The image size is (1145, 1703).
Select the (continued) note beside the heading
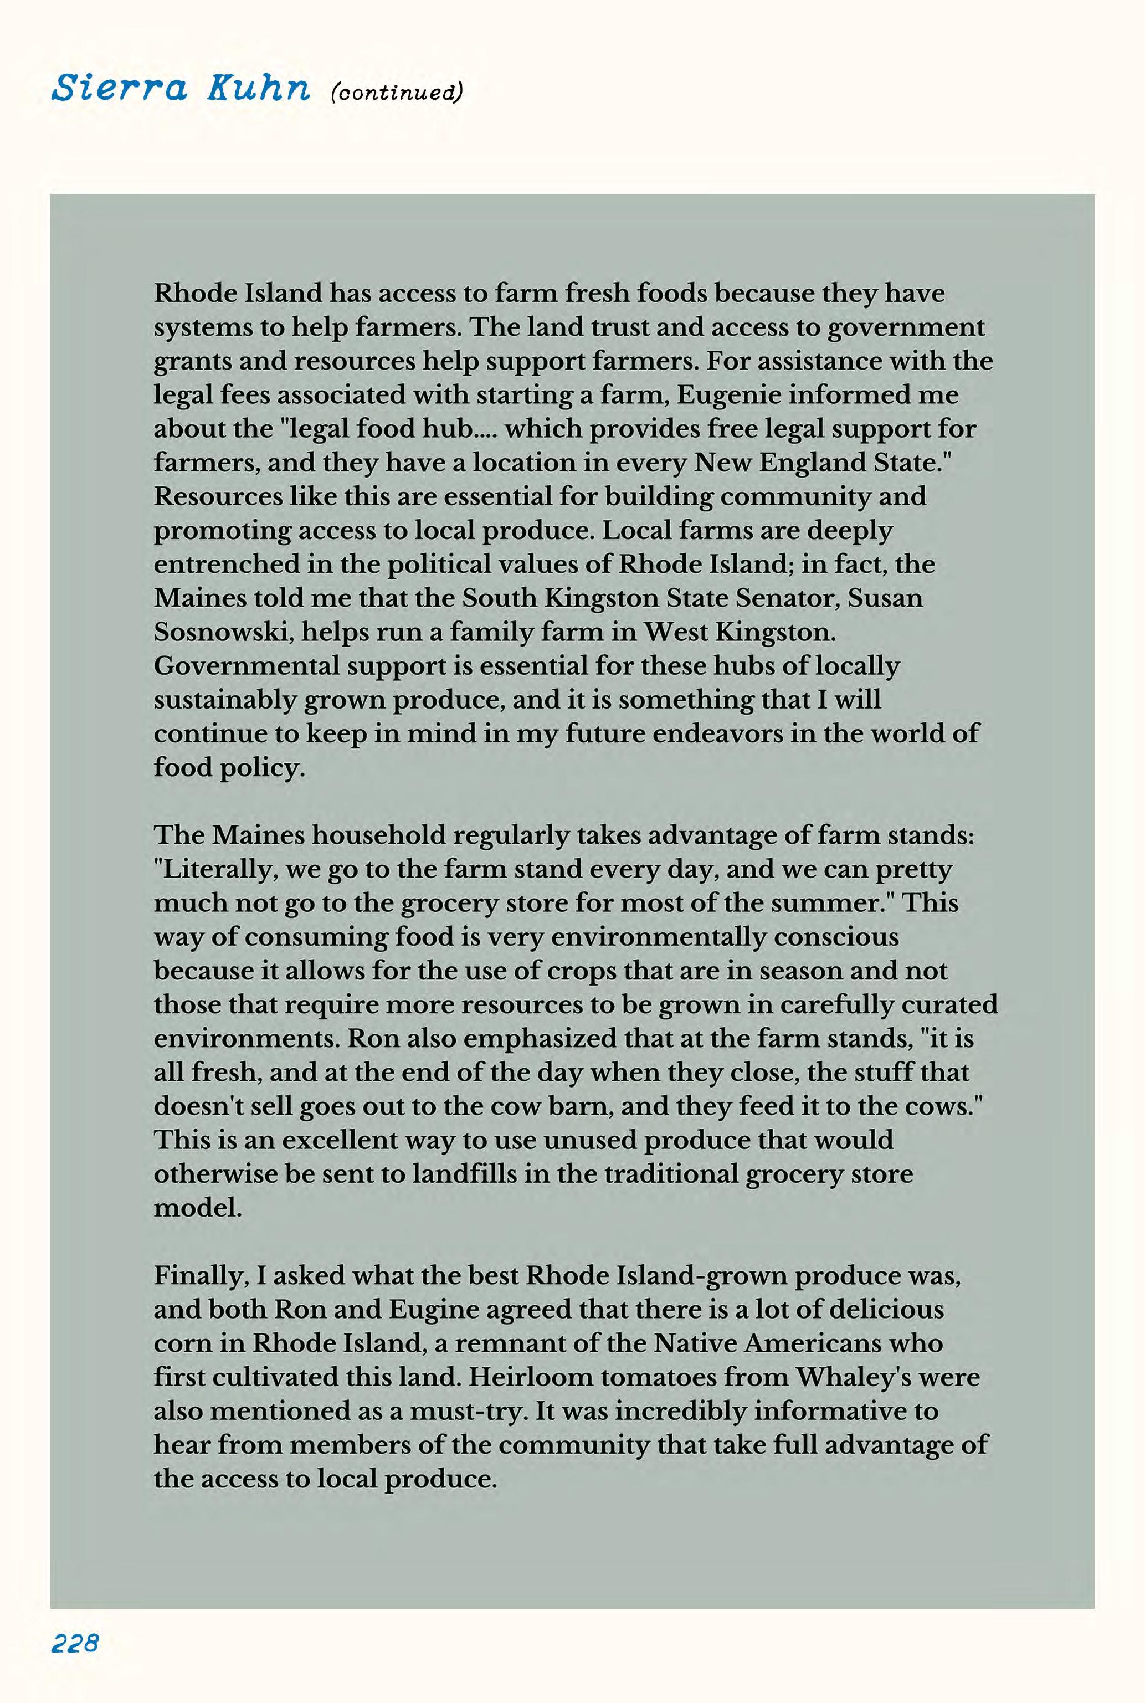pyautogui.click(x=397, y=93)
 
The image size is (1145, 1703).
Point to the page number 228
pyautogui.click(x=74, y=1643)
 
